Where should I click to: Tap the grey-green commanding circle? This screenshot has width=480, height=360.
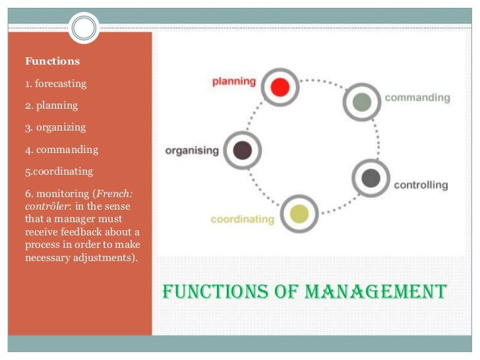[361, 102]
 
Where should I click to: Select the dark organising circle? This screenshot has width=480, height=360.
[243, 150]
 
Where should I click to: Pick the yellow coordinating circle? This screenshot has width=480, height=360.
[299, 214]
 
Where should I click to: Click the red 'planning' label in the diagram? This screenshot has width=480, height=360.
[233, 82]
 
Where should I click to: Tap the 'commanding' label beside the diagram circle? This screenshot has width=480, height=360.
[417, 98]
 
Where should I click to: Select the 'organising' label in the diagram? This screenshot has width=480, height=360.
[192, 150]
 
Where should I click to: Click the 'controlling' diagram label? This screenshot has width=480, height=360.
[421, 185]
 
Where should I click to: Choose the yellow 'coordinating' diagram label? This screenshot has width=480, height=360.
[242, 219]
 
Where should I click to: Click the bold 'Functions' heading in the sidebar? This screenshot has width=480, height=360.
[52, 61]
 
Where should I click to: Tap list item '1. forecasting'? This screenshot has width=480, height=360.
[55, 84]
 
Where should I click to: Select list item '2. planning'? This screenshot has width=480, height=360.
[51, 105]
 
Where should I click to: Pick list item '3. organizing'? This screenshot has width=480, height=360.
[55, 127]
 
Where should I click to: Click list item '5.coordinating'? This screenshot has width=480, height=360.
[59, 171]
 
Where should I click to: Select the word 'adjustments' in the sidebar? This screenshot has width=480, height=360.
[107, 257]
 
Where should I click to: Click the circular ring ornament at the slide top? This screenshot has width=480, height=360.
[83, 28]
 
